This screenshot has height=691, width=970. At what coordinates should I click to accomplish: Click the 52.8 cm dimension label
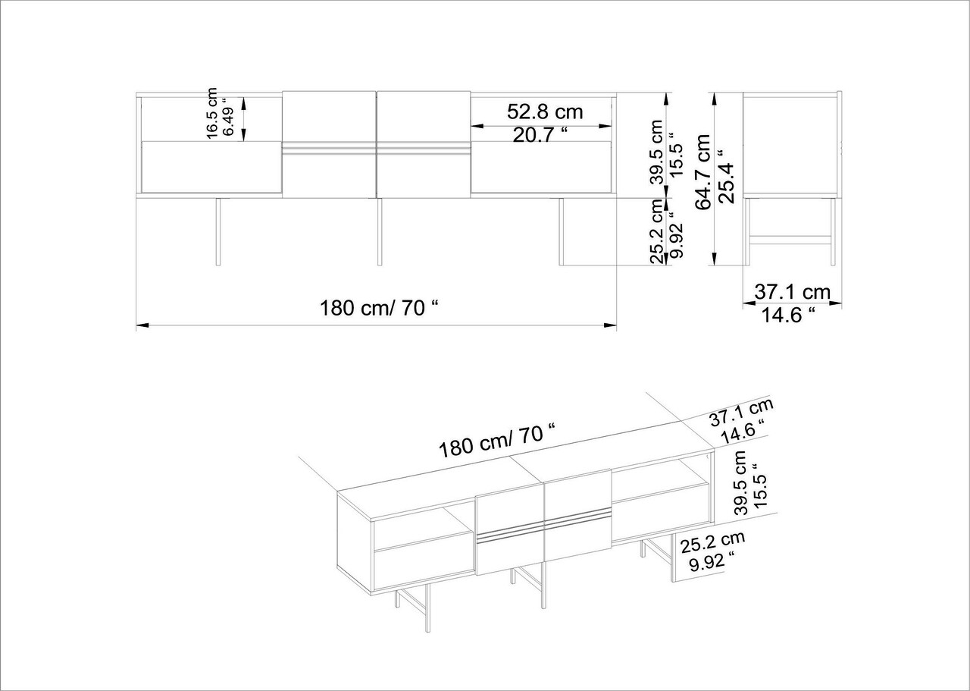pos(545,112)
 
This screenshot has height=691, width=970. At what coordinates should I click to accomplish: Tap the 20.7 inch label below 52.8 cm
pos(540,136)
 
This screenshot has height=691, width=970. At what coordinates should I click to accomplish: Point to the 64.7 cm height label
pos(704,171)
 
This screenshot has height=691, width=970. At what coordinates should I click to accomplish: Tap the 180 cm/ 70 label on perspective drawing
pos(496,441)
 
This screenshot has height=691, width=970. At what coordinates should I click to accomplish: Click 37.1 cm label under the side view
pos(793,292)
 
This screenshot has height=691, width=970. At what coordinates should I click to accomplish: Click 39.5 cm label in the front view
pos(657,152)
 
